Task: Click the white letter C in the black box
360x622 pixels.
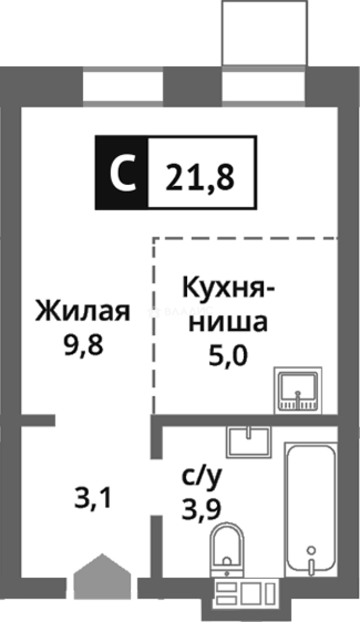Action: click(x=122, y=173)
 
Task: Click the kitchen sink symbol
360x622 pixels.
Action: click(x=297, y=389)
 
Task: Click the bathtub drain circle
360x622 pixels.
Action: click(x=312, y=549)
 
